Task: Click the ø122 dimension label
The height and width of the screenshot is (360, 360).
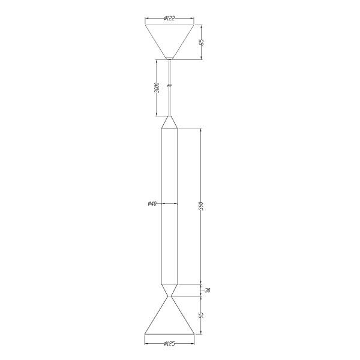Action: [169, 18]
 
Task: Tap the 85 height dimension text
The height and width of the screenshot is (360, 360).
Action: [202, 43]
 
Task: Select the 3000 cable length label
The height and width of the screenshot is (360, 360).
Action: [157, 88]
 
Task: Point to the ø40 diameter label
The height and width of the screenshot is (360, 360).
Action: [152, 203]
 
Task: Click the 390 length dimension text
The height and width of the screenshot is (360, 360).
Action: [201, 206]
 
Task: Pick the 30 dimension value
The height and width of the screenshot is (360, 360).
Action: [208, 290]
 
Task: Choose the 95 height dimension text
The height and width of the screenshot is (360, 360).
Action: [201, 315]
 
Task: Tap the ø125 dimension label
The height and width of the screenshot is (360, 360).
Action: [169, 344]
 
